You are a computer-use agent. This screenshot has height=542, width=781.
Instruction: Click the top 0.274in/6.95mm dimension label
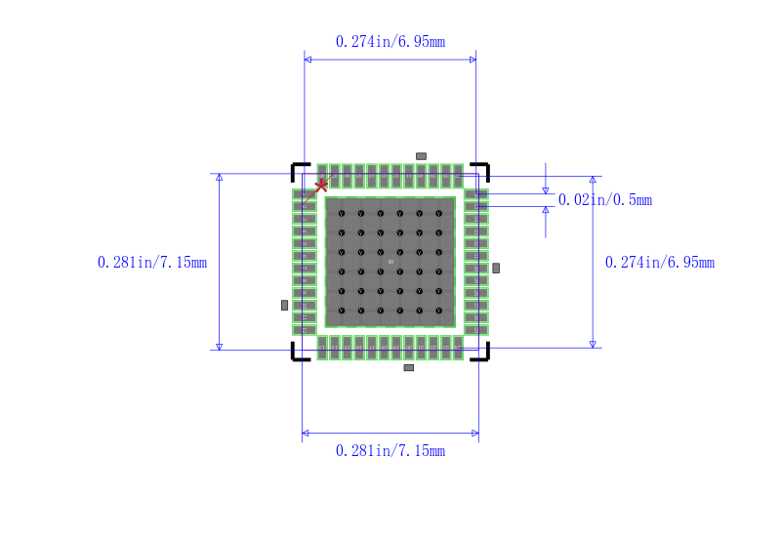pos(390,41)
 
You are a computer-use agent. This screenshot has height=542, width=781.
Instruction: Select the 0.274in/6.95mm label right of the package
pos(659,262)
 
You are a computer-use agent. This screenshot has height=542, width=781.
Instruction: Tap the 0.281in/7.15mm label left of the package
pos(152,262)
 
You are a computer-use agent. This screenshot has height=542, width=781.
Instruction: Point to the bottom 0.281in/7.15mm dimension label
pos(390,450)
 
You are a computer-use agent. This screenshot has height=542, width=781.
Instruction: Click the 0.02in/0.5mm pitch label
pos(604,199)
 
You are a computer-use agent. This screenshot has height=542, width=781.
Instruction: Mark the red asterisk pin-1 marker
pos(321,186)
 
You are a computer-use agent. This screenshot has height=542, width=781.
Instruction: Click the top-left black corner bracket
pos(298,170)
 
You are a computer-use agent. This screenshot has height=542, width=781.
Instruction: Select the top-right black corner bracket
pos(482,170)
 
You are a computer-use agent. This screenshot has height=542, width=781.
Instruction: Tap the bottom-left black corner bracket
pos(298,354)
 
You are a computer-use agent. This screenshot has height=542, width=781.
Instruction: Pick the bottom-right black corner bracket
pos(482,354)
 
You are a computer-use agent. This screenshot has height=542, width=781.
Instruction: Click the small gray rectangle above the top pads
pos(421,156)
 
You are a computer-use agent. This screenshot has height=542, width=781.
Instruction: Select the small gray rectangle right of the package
pos(496,268)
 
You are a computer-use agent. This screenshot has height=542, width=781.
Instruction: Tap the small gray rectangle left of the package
pos(284,306)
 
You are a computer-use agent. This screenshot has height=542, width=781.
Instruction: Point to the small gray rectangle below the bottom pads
pos(408,367)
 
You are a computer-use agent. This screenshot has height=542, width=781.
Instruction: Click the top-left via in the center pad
pos(342,213)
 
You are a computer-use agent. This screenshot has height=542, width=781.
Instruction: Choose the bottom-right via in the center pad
pos(439,311)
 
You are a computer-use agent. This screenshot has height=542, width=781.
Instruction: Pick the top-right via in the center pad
pos(439,213)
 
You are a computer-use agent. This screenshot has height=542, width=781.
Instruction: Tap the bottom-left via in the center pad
pos(342,311)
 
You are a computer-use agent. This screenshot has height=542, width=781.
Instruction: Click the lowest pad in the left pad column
pos(305,329)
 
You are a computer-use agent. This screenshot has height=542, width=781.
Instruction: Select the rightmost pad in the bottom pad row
pos(458,347)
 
